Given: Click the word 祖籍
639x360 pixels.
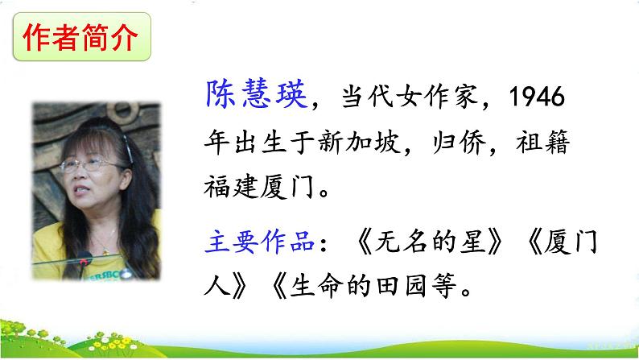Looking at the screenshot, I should (x=546, y=144).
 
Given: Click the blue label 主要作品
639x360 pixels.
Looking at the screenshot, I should (x=258, y=242).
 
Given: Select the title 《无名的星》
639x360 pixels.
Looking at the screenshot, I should (x=419, y=242).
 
